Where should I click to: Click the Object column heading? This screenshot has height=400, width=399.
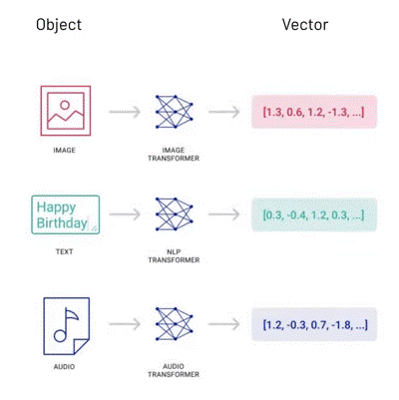click(59, 25)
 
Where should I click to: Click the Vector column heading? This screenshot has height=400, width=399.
click(305, 25)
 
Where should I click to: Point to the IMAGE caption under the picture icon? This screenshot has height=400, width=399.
click(64, 151)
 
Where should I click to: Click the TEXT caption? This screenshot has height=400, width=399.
click(64, 251)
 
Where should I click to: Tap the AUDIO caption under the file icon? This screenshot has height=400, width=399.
click(64, 367)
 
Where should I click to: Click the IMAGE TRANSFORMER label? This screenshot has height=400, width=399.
click(174, 155)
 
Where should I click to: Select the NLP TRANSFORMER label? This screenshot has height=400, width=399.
click(174, 255)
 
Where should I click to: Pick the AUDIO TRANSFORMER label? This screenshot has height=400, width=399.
click(174, 370)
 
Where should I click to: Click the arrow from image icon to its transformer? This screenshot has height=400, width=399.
click(125, 112)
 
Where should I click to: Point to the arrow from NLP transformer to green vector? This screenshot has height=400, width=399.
click(224, 214)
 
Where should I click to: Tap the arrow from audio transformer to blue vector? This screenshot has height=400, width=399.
click(224, 324)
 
